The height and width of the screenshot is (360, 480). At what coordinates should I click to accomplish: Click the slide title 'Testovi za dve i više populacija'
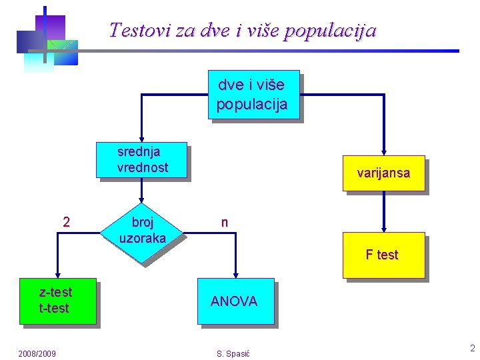(x=243, y=31)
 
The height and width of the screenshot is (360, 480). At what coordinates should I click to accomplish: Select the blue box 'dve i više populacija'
(x=253, y=95)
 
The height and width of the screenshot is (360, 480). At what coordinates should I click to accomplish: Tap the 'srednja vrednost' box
(x=142, y=161)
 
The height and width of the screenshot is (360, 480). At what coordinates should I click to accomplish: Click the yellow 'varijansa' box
(x=383, y=173)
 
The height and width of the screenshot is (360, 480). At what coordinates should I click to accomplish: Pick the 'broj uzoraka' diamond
(x=142, y=231)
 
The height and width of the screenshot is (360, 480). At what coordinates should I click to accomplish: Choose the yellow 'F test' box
(x=383, y=255)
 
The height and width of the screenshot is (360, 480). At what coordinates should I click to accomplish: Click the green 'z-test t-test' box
(x=57, y=301)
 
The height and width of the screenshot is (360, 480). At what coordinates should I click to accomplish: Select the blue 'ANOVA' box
(x=235, y=301)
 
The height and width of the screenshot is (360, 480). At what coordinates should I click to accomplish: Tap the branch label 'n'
(x=225, y=223)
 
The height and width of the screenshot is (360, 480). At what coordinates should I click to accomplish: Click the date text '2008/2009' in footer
(x=37, y=353)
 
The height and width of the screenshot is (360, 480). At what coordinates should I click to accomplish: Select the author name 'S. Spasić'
(x=233, y=353)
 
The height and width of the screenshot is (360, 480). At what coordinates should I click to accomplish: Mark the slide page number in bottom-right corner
(x=472, y=348)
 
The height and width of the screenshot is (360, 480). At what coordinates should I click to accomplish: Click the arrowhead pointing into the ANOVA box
(x=235, y=273)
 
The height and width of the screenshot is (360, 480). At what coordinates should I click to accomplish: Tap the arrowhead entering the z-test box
(x=58, y=273)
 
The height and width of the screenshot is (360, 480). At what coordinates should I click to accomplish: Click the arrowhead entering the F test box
(x=384, y=228)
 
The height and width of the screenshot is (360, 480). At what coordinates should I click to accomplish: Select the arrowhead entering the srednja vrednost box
(x=141, y=139)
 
